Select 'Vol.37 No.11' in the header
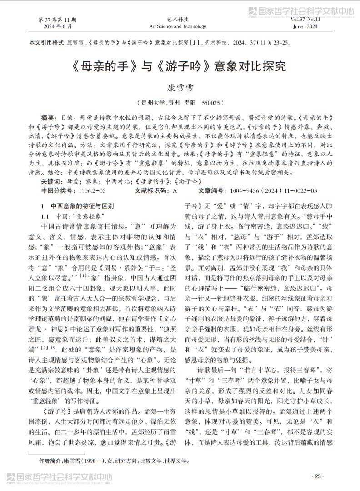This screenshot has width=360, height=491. coord(305,20)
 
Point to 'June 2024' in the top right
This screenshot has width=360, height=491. coord(305,27)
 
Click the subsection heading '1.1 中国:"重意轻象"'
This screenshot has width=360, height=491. coord(74,215)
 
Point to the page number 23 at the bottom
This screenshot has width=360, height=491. coord(317,476)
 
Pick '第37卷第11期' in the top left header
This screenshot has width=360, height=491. coord(58,20)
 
